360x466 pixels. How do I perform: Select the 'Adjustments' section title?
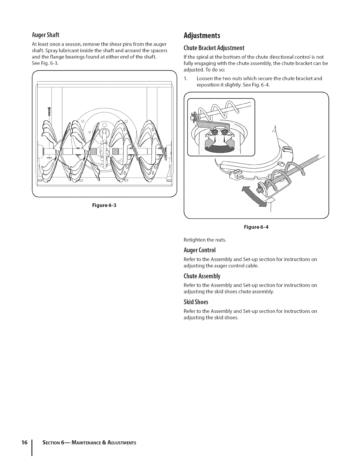coord(201,36)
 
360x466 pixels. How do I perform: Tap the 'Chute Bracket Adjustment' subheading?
coord(214,48)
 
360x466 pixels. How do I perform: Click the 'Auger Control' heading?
coord(200,250)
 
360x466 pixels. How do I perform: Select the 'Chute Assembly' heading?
coord(201,276)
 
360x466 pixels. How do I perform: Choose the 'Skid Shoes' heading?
coord(196,302)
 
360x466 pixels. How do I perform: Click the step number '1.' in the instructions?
coord(185,79)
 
